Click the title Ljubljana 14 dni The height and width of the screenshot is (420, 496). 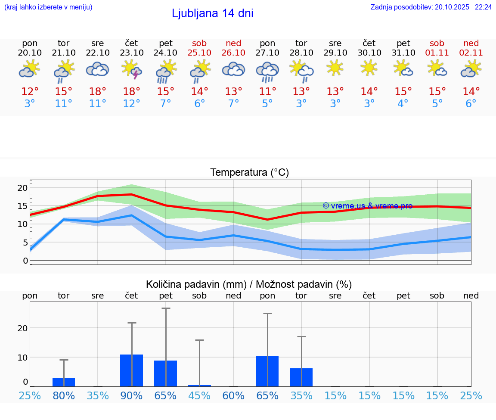point(212,13)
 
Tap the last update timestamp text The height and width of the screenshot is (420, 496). point(431,7)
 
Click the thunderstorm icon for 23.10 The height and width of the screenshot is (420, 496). point(132,69)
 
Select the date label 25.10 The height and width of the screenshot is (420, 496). point(199,53)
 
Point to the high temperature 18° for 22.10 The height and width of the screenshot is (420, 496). point(98,91)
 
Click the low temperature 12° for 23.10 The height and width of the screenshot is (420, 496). point(132,103)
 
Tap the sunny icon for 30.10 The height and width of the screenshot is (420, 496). point(369,68)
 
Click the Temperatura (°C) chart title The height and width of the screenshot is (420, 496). point(249,172)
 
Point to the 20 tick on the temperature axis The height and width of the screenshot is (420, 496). point(22,188)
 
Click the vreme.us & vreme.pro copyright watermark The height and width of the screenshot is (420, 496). point(367,206)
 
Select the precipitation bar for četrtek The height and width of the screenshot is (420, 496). point(132,370)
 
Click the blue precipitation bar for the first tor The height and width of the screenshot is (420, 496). point(64,382)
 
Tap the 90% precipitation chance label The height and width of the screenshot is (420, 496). point(132,395)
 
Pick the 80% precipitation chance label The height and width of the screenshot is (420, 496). point(64,395)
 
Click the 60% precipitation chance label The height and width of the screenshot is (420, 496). point(233,395)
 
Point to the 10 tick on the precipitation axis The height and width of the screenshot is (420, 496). point(22,357)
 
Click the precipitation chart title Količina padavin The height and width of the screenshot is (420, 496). point(249,284)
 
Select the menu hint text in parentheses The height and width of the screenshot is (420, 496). point(48,7)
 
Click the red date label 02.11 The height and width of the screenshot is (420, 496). point(471,53)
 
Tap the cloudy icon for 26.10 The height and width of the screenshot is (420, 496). point(233,69)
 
